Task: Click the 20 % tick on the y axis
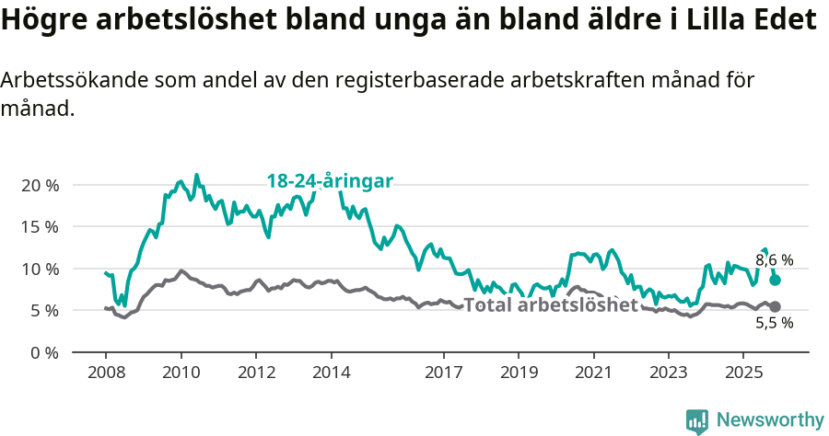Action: [41, 185]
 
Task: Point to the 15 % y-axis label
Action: [41, 226]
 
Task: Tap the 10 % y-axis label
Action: [41, 269]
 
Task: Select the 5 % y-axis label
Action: [44, 311]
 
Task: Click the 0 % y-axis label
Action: [44, 352]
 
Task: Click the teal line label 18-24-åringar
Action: [330, 181]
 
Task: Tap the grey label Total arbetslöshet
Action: [551, 305]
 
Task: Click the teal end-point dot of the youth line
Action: [776, 280]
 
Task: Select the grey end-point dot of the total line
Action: [775, 306]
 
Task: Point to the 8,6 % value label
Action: [774, 260]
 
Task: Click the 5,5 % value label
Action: [774, 323]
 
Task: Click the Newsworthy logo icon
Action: [696, 420]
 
